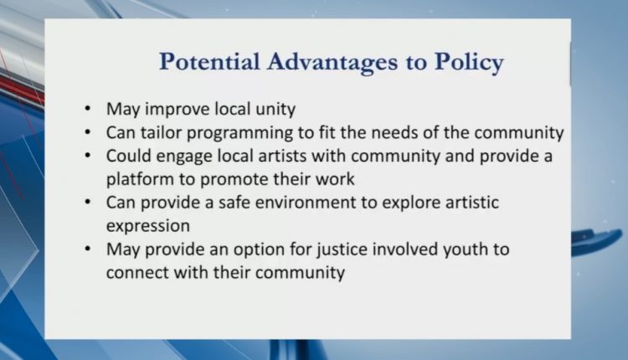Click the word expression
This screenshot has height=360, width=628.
point(147,226)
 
